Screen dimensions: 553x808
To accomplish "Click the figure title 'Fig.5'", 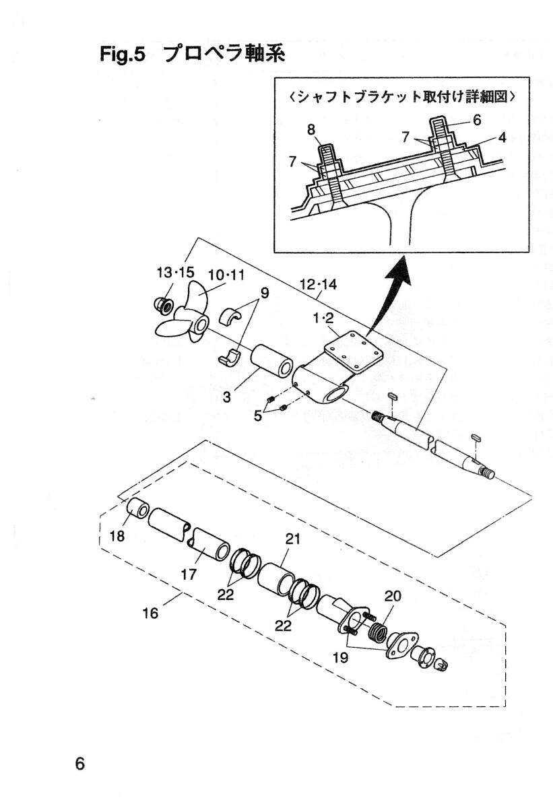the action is pos(123,55).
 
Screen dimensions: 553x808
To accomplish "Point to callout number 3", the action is pos(226,397).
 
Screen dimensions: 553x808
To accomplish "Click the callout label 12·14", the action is pos(318,285).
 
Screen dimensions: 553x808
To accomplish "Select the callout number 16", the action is pos(150,613).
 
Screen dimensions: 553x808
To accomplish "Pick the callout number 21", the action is pos(293,539).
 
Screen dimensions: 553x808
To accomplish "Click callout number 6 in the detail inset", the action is pos(477,120).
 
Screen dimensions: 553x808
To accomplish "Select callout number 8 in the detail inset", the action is pos(311,129).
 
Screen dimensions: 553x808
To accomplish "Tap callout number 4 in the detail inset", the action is pos(502,137).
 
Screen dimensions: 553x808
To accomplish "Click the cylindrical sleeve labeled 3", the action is pos(271,364).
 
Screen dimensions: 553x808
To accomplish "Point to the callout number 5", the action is pos(257,415).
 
